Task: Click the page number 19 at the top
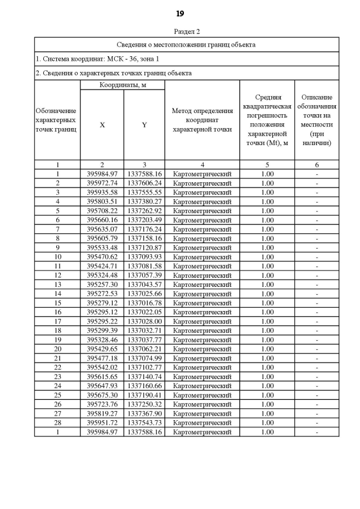[x=180, y=13]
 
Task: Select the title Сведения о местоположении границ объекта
[x=186, y=44]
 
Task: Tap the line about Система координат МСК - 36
[x=97, y=58]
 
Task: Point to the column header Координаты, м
[x=122, y=85]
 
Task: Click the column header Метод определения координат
[x=202, y=120]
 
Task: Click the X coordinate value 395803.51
[x=102, y=201]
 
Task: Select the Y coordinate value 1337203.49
[x=144, y=220]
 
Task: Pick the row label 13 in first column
[x=57, y=285]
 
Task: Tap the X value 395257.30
[x=102, y=285]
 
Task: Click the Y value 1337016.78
[x=144, y=303]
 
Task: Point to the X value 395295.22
[x=102, y=321]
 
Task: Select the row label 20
[x=57, y=349]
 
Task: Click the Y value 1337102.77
[x=144, y=367]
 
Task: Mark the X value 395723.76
[x=102, y=404]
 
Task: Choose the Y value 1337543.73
[x=144, y=423]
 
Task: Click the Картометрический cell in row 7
[x=202, y=229]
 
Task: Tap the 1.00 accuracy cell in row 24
[x=267, y=386]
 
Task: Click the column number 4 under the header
[x=202, y=165]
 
